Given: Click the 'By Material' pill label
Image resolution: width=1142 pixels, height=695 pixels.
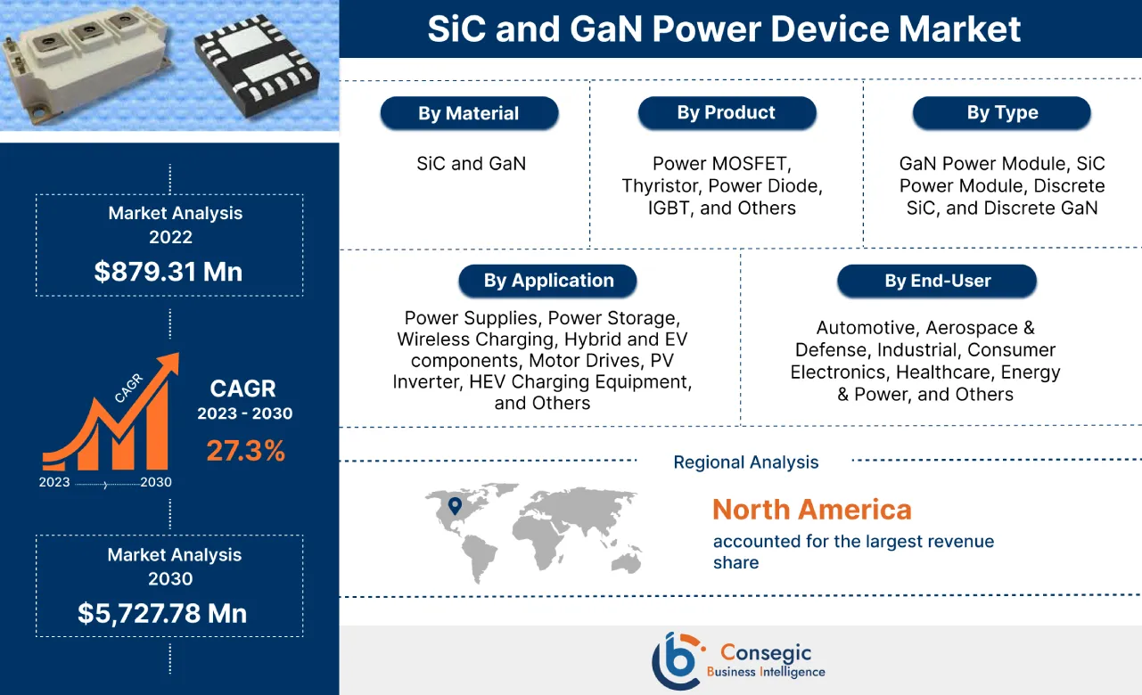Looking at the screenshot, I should coord(469,114).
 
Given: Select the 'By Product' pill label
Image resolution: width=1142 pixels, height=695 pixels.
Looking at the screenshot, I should coord(727,113).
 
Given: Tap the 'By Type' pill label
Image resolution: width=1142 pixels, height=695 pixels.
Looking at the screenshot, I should coord(1001,113).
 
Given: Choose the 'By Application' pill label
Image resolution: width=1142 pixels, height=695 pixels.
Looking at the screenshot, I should coord(547,281).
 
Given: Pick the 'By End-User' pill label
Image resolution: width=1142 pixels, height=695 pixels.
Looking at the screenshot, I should coord(937,281).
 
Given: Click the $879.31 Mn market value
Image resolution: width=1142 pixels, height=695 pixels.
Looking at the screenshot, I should coord(168,272).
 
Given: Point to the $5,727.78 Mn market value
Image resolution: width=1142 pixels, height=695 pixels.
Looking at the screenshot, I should coord(162,613).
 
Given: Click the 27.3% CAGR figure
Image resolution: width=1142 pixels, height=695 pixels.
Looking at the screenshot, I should coord(245,451).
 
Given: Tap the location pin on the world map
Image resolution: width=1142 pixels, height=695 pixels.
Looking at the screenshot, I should coord(456,506).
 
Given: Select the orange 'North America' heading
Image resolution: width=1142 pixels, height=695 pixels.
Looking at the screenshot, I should coord(811,510).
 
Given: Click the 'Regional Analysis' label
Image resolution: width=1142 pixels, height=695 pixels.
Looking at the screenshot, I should coord(745,462).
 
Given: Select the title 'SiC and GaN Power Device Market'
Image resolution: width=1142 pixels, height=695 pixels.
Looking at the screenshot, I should coord(724,29).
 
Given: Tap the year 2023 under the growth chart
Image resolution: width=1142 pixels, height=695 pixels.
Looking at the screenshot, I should coord(54,482).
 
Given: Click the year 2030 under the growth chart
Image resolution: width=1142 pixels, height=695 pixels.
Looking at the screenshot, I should coord(156,482).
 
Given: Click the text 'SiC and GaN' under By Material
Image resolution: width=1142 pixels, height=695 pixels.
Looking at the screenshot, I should coord(471,164).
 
